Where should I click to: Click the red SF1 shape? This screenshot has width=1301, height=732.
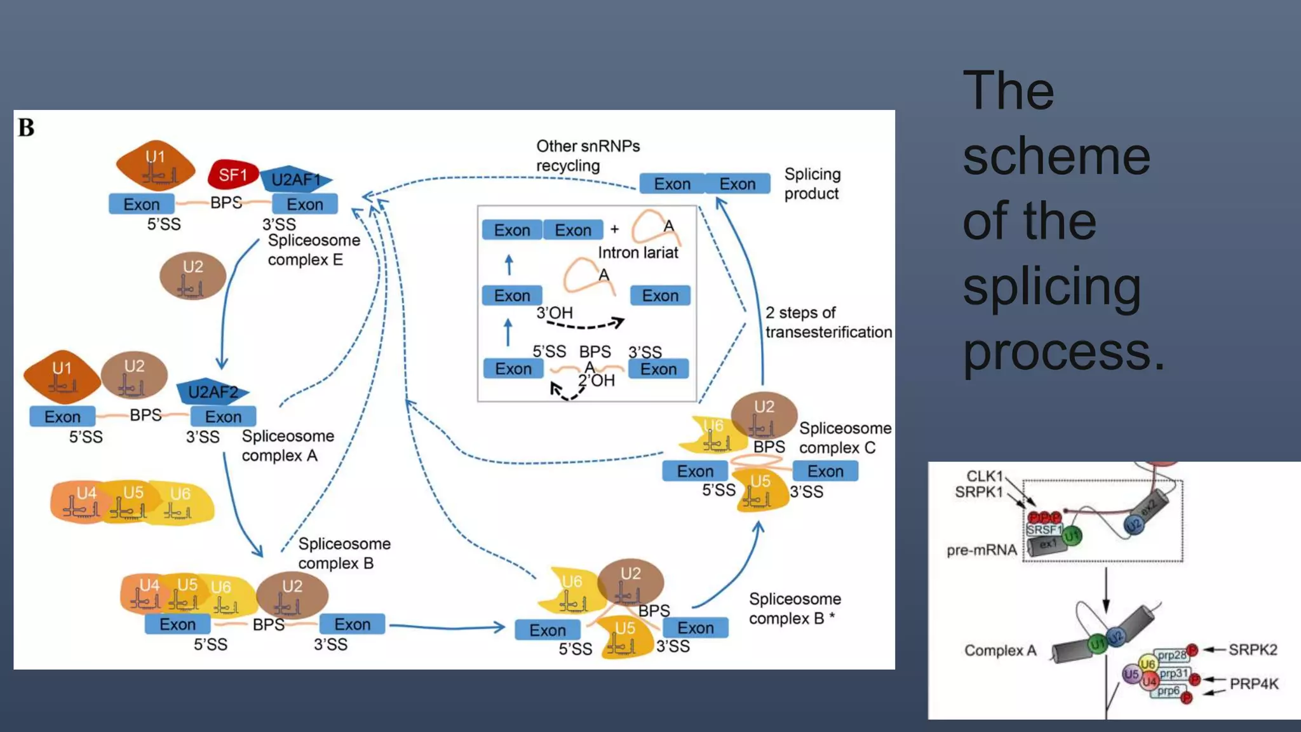233,175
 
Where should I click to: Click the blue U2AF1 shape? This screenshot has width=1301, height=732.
295,180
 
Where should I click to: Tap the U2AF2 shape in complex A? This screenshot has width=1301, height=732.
212,392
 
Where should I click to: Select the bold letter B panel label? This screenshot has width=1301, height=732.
26,128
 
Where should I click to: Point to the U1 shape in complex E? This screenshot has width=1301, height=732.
156,165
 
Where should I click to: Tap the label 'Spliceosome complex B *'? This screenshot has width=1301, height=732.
794,608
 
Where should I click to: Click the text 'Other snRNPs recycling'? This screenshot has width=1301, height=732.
588,156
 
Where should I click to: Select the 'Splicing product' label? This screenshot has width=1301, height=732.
812,184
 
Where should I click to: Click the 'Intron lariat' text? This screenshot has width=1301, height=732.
637,253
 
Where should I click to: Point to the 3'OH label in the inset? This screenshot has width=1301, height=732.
555,313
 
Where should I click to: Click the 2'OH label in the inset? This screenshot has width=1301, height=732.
597,381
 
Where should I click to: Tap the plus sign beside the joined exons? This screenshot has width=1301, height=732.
614,229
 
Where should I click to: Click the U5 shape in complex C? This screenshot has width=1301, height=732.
760,489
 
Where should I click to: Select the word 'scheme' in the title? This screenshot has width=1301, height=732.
1056,156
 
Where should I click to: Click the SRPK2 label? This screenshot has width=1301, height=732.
1252,649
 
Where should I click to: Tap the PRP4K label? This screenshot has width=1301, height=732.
1253,684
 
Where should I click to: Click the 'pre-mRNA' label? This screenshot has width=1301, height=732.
981,550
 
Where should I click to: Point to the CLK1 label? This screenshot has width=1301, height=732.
984,476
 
